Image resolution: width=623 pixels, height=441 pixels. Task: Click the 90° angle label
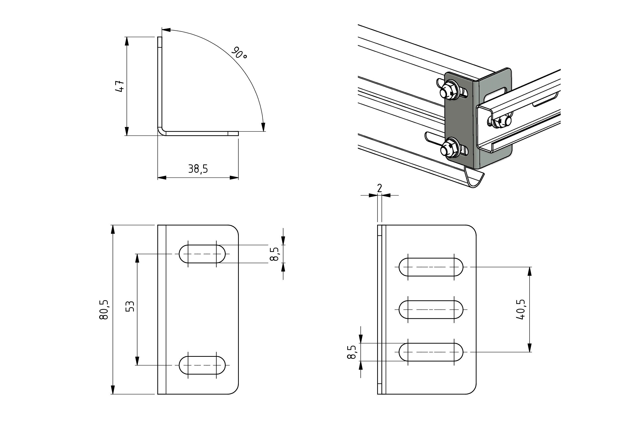point(239,53)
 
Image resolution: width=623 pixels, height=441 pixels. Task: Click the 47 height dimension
point(120,86)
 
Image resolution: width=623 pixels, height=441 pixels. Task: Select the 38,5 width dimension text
point(198,169)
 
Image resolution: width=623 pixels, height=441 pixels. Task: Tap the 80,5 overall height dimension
point(104,310)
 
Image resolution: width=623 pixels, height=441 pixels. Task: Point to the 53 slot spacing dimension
point(130,306)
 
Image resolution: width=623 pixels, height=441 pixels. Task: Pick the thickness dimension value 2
point(380,188)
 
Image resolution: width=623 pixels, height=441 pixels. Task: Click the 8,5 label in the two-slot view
point(274,254)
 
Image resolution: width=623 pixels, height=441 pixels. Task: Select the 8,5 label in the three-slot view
point(351,352)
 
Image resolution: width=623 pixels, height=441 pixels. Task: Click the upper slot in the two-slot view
point(202,254)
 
